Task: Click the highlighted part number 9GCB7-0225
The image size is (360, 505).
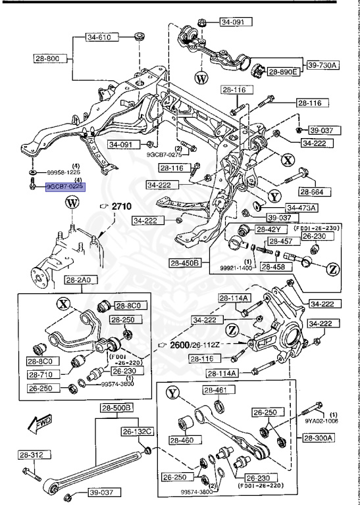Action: [x=64, y=186]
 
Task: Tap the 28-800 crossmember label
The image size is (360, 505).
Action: [x=49, y=58]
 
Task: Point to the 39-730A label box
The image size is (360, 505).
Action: [x=321, y=64]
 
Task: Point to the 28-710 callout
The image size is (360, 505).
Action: [x=43, y=374]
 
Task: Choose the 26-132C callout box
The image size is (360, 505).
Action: [x=136, y=431]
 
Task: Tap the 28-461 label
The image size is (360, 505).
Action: [x=215, y=390]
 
